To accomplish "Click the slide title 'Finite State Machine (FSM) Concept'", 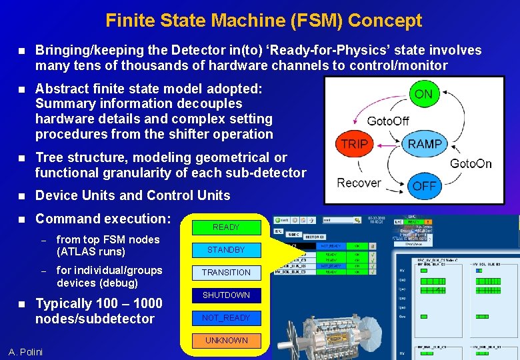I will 263,21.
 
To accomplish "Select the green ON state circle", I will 423,94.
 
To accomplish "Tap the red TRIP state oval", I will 355,144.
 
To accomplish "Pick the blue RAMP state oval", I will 425,144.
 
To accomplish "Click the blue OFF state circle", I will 424,186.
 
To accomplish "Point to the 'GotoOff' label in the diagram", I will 388,121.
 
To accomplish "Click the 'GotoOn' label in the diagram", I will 471,163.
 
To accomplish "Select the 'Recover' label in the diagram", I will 359,183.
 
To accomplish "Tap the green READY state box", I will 226,227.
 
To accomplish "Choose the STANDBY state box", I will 226,250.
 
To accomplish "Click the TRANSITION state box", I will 226,273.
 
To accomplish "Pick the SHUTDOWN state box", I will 226,295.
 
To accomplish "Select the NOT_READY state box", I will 226,318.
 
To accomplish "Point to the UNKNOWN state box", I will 226,341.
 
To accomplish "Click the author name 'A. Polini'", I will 25,352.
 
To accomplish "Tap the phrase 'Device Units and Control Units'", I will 133,195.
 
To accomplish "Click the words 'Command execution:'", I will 103,219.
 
